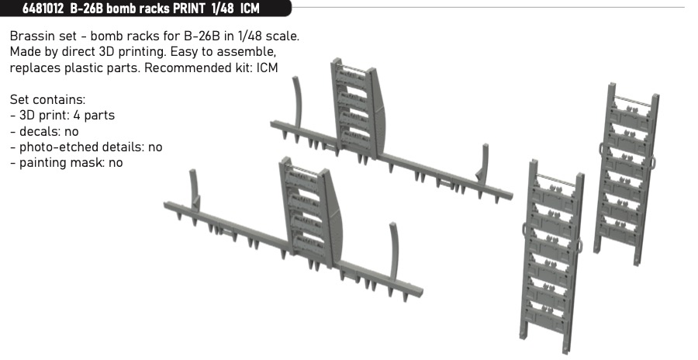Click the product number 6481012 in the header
43,9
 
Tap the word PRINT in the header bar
186,9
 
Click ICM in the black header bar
250,9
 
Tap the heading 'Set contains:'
47,99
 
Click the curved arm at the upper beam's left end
297,102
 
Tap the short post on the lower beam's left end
194,189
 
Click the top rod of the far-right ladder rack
633,101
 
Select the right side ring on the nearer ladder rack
579,246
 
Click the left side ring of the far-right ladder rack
602,150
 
